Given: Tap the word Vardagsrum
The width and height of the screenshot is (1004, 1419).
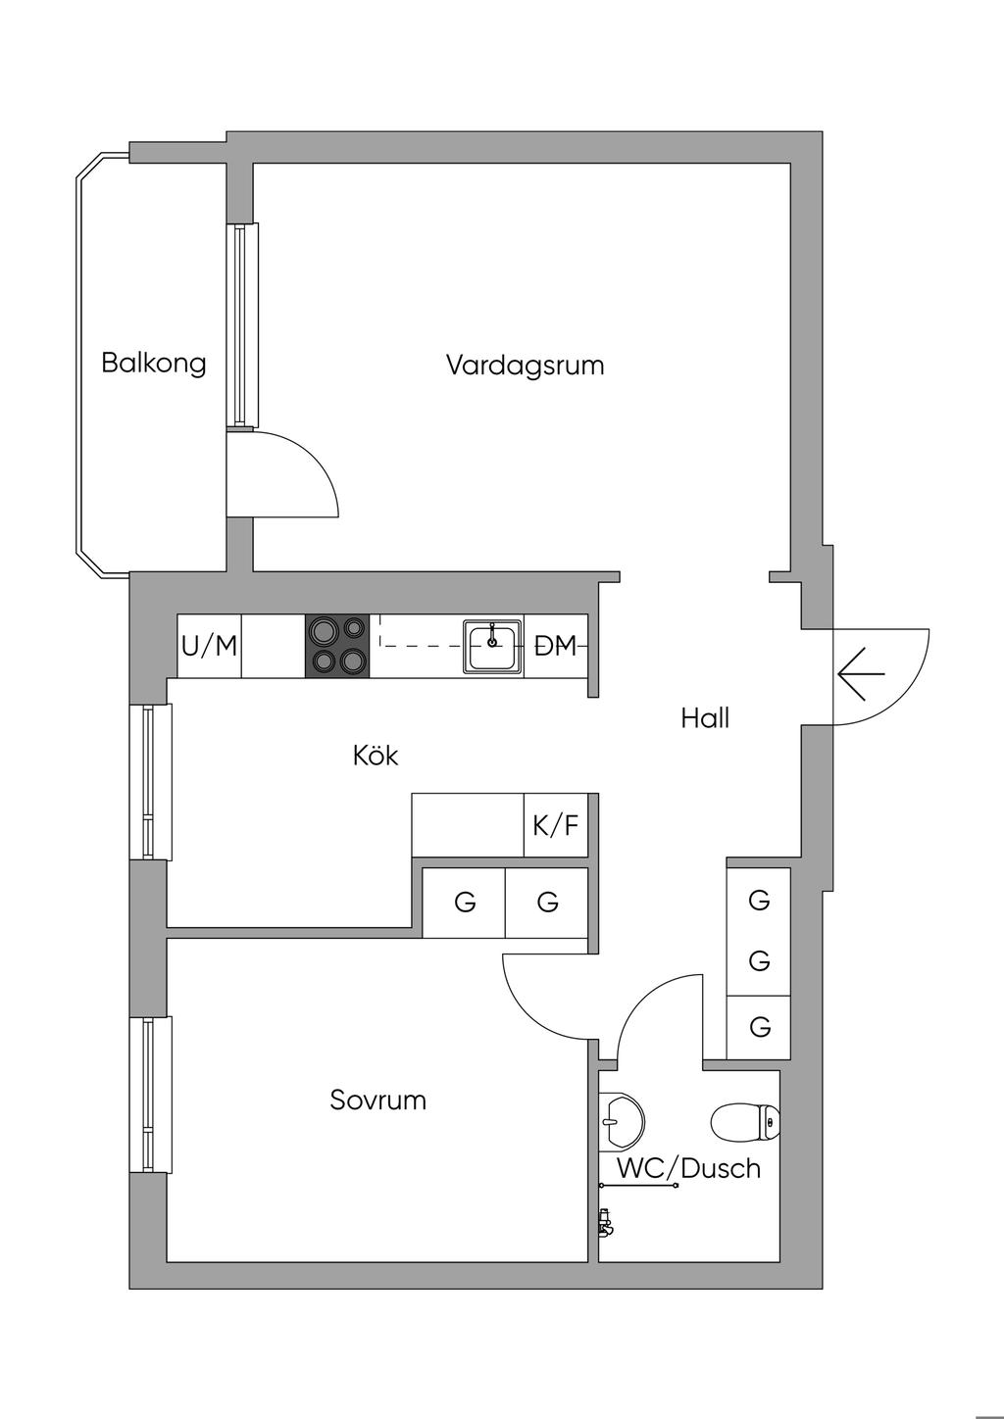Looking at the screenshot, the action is [525, 366].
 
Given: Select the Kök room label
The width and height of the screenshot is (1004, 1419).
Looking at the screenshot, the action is [376, 756].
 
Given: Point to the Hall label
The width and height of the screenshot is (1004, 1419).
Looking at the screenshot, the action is [705, 719].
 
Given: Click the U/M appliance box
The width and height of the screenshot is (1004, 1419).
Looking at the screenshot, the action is [209, 646].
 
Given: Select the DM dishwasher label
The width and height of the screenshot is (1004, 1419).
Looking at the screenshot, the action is [556, 646].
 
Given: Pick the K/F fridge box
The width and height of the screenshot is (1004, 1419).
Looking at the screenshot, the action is [556, 825].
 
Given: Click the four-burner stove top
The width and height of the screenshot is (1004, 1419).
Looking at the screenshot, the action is [338, 646].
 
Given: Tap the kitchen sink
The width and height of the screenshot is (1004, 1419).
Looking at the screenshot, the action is [492, 646].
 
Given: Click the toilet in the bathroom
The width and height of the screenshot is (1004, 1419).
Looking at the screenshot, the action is [745, 1123].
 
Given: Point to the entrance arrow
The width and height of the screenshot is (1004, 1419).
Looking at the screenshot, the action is [861, 673].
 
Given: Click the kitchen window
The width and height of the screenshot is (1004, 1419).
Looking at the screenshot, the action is [151, 782].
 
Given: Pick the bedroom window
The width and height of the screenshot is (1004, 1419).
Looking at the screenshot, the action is [151, 1095].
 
